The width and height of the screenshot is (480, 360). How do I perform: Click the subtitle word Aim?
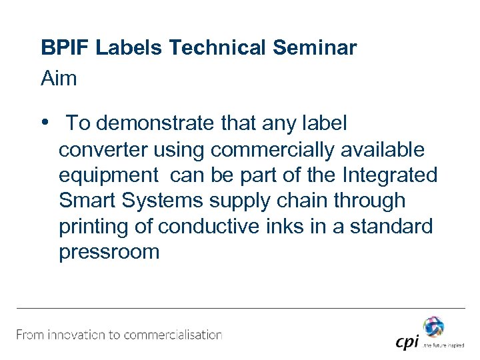click(x=59, y=79)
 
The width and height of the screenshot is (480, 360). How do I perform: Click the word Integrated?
click(x=390, y=175)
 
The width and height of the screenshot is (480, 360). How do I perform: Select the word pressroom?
click(x=109, y=253)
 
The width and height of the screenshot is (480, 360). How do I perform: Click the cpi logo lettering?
click(x=407, y=342)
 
